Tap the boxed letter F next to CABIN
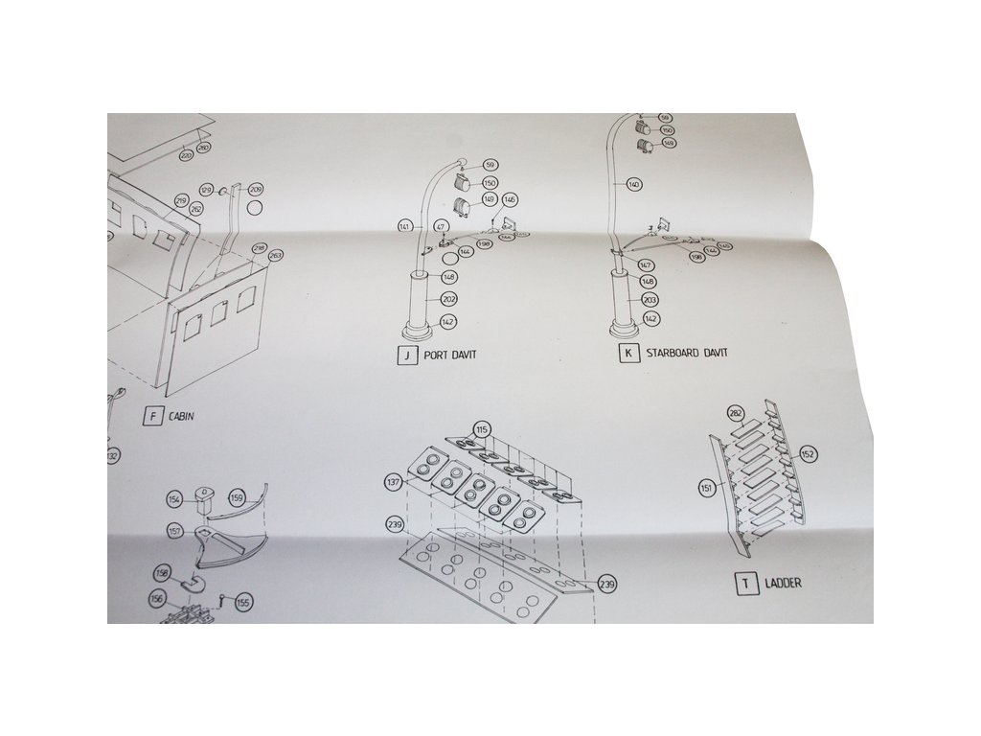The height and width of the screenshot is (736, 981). [151, 416]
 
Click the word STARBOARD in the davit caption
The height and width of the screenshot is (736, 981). [674, 354]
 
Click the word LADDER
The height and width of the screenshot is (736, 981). [783, 583]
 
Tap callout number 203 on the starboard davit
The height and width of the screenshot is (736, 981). [650, 300]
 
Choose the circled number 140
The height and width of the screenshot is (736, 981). [633, 183]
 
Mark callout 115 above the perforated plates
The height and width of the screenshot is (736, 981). [481, 428]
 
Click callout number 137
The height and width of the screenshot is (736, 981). [393, 482]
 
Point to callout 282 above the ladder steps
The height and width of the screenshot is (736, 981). [736, 413]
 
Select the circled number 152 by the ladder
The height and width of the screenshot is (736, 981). [808, 454]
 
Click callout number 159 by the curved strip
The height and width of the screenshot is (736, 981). [237, 498]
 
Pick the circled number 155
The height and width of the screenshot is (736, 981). [243, 603]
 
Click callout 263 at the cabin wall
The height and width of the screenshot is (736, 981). [275, 256]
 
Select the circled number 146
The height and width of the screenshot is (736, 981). [510, 199]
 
